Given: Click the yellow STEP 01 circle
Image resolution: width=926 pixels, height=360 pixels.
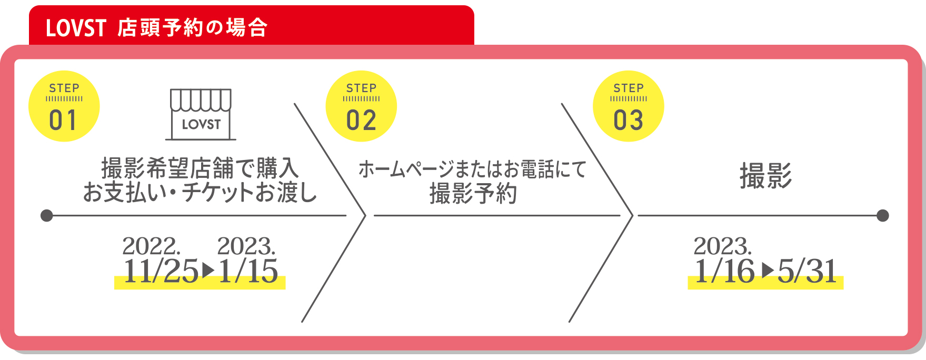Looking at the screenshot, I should click(64, 106).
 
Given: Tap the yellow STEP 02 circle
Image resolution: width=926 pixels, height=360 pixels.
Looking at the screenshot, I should click(361, 106).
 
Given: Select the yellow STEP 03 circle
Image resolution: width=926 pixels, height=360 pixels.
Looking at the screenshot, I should click(628, 106).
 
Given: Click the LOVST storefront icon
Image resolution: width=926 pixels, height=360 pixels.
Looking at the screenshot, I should click(201, 114).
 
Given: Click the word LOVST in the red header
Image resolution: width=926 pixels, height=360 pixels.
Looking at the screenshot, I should click(76, 28).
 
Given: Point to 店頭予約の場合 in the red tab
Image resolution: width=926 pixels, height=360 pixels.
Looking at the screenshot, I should click(193, 28).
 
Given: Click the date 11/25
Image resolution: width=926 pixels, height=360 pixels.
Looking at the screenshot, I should click(161, 272).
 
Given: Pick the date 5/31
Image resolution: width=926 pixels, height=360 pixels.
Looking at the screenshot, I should click(807, 272).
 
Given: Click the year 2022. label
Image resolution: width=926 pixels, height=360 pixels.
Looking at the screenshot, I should click(152, 246).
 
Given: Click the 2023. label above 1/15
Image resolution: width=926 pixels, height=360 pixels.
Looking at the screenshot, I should click(246, 246).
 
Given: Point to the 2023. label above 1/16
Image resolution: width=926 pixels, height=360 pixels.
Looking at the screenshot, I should click(723, 246).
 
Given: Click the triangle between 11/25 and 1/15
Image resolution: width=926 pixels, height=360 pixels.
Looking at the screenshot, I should click(208, 271).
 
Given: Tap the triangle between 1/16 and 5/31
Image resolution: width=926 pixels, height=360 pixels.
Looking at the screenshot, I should click(768, 271).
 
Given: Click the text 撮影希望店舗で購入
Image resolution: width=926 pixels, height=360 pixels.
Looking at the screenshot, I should click(200, 168).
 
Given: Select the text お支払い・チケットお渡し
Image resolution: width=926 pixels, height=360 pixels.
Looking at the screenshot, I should click(200, 193).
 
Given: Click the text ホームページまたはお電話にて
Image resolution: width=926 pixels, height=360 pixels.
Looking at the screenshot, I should click(472, 169).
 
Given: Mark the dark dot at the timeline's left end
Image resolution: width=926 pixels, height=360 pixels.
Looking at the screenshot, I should click(47, 215).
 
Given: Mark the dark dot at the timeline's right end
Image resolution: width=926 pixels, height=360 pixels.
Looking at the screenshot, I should click(883, 215).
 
